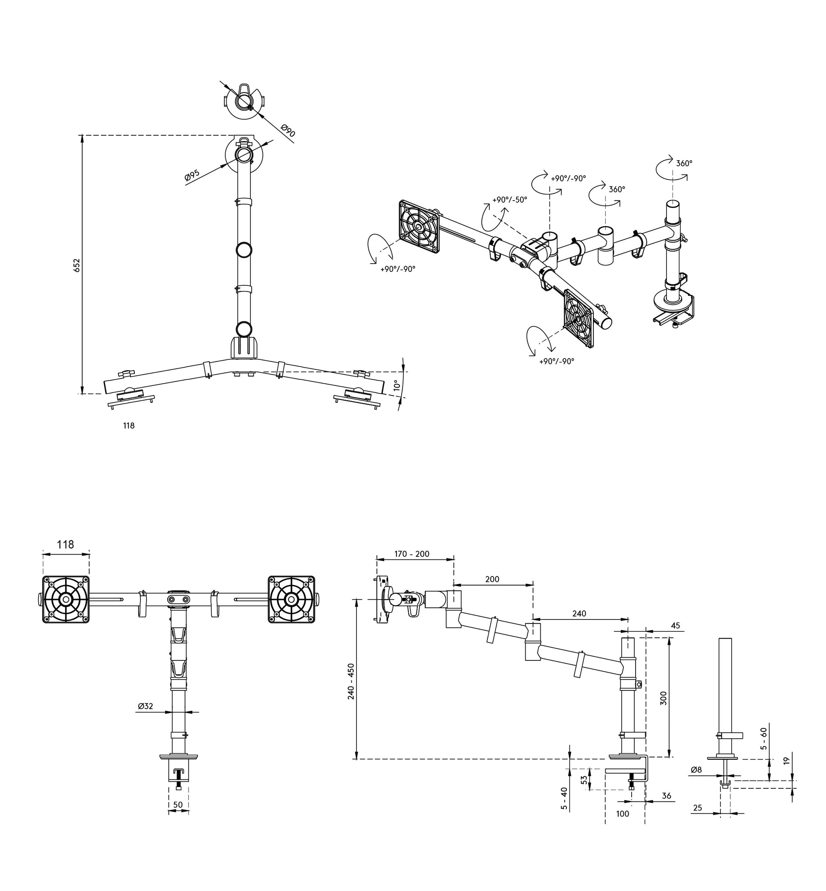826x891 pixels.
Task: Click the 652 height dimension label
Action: click(77, 265)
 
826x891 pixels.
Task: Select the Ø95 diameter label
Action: click(192, 175)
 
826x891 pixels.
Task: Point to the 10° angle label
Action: click(396, 385)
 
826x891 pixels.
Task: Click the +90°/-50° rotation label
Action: click(510, 200)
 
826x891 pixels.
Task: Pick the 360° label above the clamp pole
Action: click(684, 163)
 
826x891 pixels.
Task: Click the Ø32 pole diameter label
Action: click(146, 706)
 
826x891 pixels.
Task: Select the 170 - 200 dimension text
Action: click(412, 554)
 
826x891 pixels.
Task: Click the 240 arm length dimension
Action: click(579, 614)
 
